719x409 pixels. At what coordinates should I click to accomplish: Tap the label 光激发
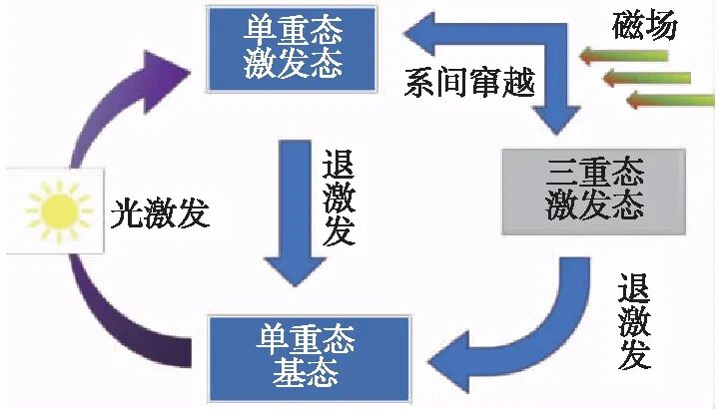159,212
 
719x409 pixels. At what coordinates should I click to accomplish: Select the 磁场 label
644,26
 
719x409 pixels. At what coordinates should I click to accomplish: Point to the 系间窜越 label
468,81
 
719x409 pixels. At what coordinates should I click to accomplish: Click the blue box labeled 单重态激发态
293,46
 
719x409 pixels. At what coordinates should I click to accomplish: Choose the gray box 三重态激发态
594,190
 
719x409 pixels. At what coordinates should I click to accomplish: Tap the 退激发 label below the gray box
634,321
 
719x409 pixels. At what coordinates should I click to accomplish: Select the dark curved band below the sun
120,319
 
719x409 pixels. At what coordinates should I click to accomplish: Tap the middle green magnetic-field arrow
649,78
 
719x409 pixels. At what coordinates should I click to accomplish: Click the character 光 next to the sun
125,212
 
